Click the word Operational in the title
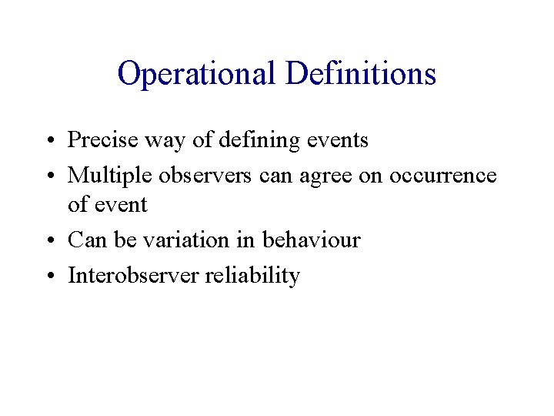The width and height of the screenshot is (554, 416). pyautogui.click(x=197, y=74)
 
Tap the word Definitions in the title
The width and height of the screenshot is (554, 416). pyautogui.click(x=361, y=74)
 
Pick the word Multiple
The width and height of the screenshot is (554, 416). pyautogui.click(x=110, y=176)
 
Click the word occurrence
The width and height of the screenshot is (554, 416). pyautogui.click(x=443, y=176)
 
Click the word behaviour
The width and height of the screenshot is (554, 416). pyautogui.click(x=311, y=240)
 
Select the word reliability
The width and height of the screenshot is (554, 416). pyautogui.click(x=252, y=276)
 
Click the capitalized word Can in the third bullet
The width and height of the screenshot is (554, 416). pyautogui.click(x=87, y=240)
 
